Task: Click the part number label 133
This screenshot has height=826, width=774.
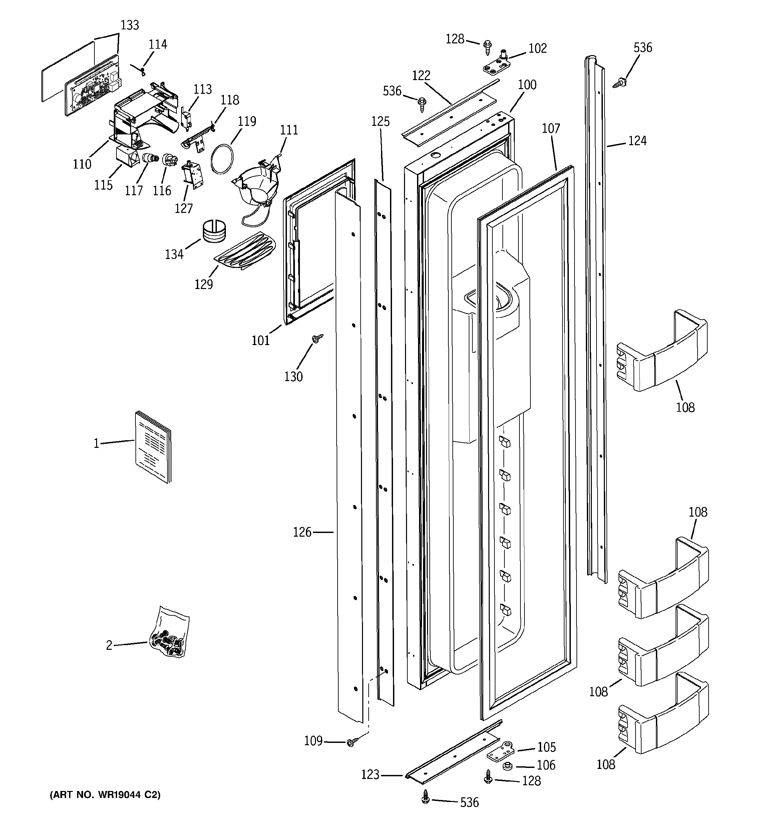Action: pos(130,25)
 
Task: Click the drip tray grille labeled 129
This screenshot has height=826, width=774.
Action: pos(245,251)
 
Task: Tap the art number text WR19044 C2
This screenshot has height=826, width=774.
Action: pos(105,794)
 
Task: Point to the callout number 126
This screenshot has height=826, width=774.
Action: pos(302,532)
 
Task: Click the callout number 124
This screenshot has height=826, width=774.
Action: pos(637,141)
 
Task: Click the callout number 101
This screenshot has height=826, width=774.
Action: pos(261,340)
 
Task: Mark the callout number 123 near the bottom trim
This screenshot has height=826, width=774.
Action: pos(370,775)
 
